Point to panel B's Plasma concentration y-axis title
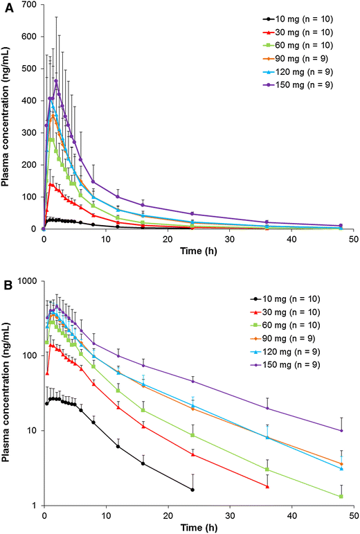8,393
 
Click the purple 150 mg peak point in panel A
56,81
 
